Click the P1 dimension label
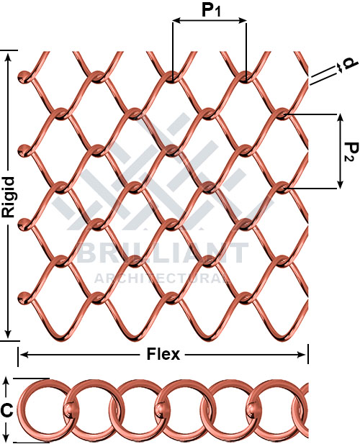(x=211, y=11)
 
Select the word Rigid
(x=8, y=197)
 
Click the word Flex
(x=163, y=354)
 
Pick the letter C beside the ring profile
(x=6, y=410)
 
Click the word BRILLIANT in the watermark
(x=163, y=253)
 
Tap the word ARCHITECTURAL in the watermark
(x=163, y=278)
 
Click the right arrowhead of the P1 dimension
(x=243, y=20)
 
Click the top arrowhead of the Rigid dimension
(x=9, y=56)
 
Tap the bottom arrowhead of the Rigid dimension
(x=9, y=334)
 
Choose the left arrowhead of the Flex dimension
(x=24, y=355)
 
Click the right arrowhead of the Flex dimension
(x=302, y=355)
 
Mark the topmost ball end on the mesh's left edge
(x=24, y=77)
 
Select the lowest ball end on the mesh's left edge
(x=24, y=298)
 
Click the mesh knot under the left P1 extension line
(x=172, y=78)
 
